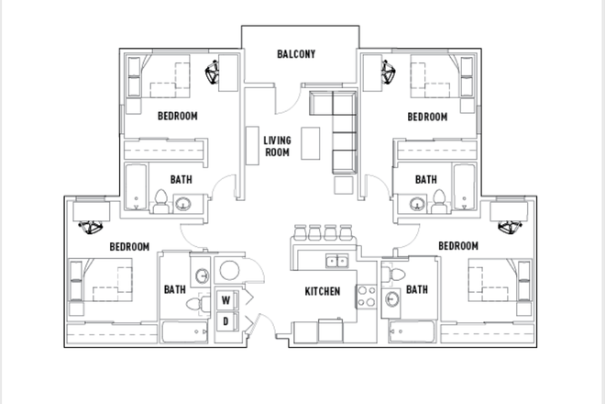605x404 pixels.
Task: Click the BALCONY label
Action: pyautogui.click(x=296, y=54)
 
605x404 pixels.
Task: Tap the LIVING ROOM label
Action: pyautogui.click(x=277, y=146)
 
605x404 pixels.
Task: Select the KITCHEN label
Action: pyautogui.click(x=323, y=291)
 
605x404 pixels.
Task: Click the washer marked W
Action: pyautogui.click(x=225, y=299)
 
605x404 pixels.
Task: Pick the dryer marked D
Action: pyautogui.click(x=225, y=320)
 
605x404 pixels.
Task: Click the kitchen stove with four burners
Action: pyautogui.click(x=366, y=297)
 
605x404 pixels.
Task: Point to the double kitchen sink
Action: pyautogui.click(x=336, y=261)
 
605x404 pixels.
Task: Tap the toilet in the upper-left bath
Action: pyautogui.click(x=160, y=201)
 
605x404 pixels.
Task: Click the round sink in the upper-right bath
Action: pyautogui.click(x=417, y=203)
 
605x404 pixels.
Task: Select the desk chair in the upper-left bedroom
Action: pyautogui.click(x=212, y=73)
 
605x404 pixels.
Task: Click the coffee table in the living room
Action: pyautogui.click(x=310, y=143)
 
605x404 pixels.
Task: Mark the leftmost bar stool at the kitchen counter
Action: pyautogui.click(x=300, y=232)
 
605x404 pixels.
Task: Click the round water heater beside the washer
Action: pyautogui.click(x=229, y=270)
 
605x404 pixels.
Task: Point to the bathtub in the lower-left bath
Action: pyautogui.click(x=185, y=331)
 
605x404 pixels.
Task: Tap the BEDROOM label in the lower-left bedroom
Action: pyautogui.click(x=129, y=247)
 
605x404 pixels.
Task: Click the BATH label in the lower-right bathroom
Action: pyautogui.click(x=417, y=289)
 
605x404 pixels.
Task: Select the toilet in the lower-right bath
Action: pyautogui.click(x=394, y=275)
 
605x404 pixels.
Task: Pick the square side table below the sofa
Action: pyautogui.click(x=344, y=185)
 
